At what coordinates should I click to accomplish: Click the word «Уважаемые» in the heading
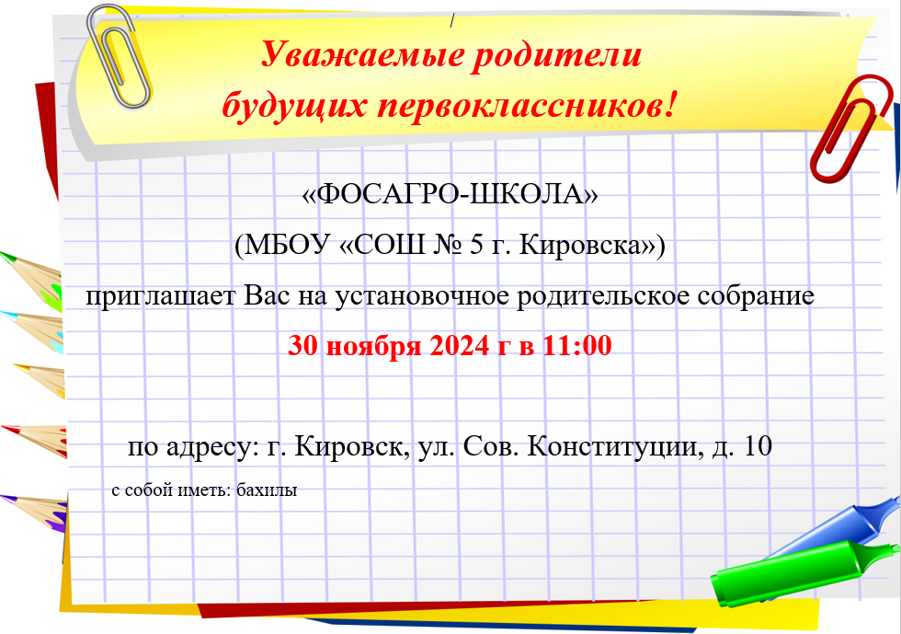(361, 56)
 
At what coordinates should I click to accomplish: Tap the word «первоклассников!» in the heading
(527, 106)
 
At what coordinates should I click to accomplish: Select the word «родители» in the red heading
(556, 55)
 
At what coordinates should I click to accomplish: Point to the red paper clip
(851, 129)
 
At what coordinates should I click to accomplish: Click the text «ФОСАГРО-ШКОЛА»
(450, 194)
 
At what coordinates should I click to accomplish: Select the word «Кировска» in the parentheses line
(580, 246)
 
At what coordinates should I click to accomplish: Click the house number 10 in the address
(758, 446)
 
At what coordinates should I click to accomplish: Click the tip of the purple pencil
(2, 497)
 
